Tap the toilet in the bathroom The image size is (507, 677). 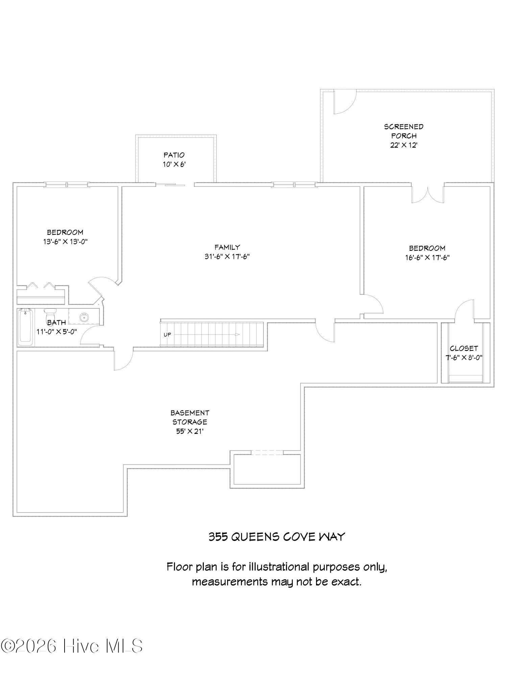pyautogui.click(x=50, y=314)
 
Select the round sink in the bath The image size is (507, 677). pyautogui.click(x=83, y=318)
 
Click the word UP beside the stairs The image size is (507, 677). pyautogui.click(x=167, y=335)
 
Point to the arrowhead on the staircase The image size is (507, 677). pyautogui.click(x=237, y=334)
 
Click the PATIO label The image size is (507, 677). pyautogui.click(x=174, y=155)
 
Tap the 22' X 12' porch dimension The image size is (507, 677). pyautogui.click(x=404, y=145)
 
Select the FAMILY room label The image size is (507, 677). pyautogui.click(x=227, y=247)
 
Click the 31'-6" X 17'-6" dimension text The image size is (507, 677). pyautogui.click(x=227, y=257)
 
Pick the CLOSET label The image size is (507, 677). pyautogui.click(x=464, y=348)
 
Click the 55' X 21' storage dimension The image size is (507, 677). pyautogui.click(x=189, y=431)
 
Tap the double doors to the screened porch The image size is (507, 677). pyautogui.click(x=428, y=195)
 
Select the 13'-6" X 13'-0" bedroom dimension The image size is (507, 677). pyautogui.click(x=65, y=242)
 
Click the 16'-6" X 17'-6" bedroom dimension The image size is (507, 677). pyautogui.click(x=427, y=258)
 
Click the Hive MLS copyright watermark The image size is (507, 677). pyautogui.click(x=72, y=646)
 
